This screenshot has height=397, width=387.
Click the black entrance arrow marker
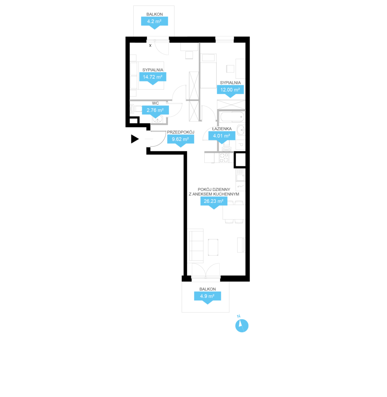135,139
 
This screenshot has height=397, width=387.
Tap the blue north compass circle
242,326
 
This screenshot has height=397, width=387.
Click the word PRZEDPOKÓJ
181,132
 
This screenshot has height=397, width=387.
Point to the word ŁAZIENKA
222,129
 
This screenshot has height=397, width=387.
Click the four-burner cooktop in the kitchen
224,158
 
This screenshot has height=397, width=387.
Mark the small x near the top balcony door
150,46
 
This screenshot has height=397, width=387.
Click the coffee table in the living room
213,247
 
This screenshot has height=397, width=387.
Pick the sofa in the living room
196,245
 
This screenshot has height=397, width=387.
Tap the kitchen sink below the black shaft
240,175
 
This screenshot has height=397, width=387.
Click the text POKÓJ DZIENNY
214,189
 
